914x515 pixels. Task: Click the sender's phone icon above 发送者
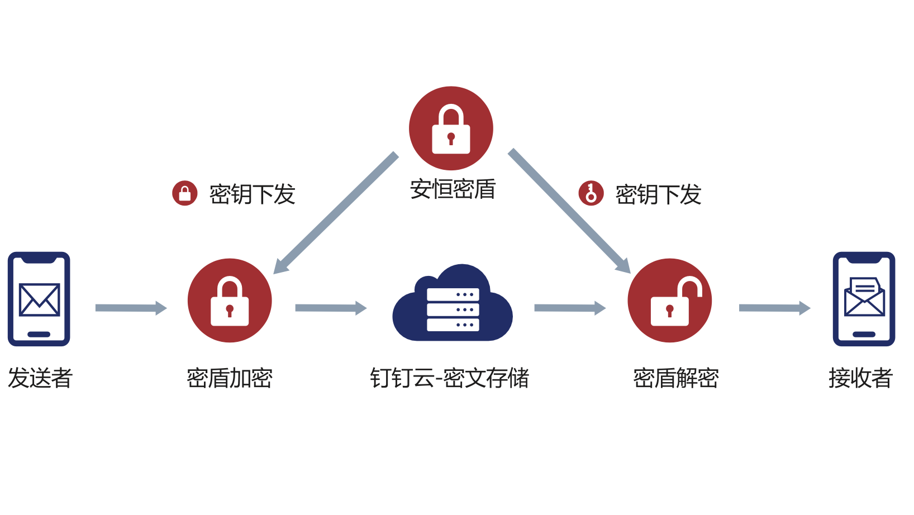point(39,299)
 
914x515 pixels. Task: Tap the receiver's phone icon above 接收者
point(864,299)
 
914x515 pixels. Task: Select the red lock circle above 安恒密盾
point(451,128)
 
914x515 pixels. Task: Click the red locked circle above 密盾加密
point(230,300)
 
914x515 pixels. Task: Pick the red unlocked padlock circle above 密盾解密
point(669,300)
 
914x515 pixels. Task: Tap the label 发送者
point(40,378)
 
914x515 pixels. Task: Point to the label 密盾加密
point(230,378)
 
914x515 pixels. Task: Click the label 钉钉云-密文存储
point(449,378)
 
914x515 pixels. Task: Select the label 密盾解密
point(675,378)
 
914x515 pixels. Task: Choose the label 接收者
point(860,378)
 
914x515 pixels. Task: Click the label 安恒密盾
point(453,189)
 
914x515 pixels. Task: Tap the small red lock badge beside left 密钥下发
point(185,193)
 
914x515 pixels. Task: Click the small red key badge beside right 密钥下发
point(591,193)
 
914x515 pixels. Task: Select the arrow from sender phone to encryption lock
point(131,308)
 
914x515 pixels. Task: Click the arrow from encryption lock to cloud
point(331,308)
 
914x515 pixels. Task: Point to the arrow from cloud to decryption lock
point(570,308)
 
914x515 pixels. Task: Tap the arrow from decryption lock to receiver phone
point(774,308)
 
